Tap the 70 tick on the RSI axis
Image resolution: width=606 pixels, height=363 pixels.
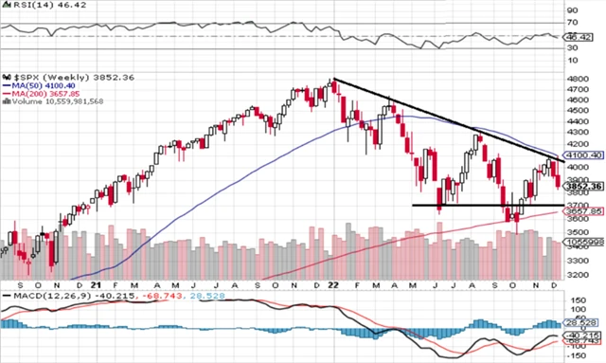[572, 22]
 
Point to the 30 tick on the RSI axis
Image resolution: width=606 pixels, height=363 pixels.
[572, 49]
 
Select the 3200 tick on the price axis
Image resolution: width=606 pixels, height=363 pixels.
[577, 275]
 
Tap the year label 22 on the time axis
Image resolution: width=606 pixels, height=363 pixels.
[333, 284]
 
